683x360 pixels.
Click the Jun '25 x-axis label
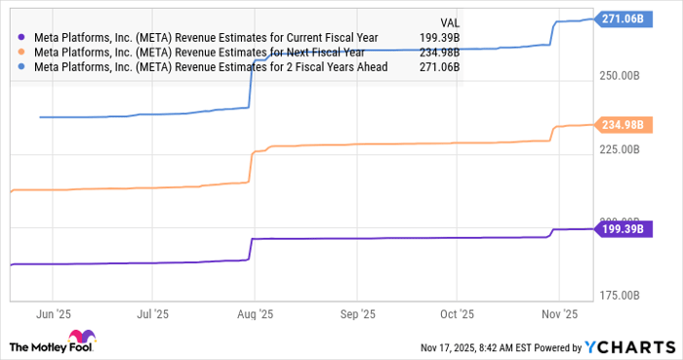point(54,314)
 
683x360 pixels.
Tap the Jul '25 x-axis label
point(154,314)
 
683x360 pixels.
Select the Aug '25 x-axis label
point(257,314)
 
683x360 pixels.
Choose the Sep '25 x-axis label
point(358,314)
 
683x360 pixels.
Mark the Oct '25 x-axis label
point(457,314)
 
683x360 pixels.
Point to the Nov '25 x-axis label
point(559,314)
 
